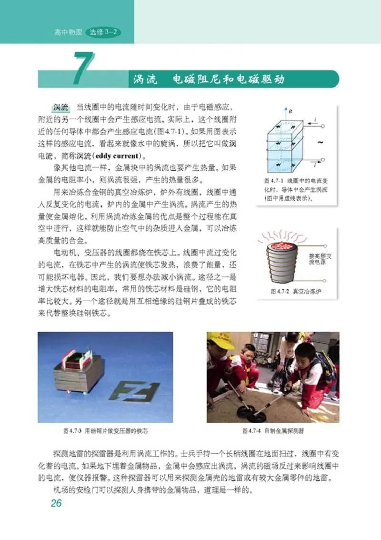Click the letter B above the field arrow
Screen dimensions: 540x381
290,112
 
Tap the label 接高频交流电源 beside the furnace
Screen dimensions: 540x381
320,259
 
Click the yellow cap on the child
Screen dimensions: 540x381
221,340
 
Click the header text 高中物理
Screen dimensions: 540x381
68,33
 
